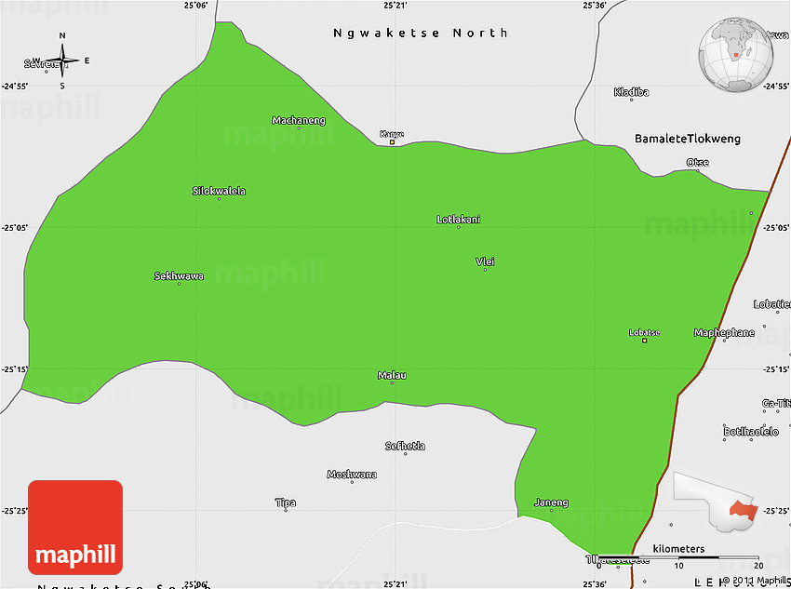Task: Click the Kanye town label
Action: tap(392, 134)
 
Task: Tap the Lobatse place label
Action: tap(644, 332)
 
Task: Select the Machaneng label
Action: tap(299, 120)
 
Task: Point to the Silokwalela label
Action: tap(219, 191)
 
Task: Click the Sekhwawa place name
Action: tap(179, 276)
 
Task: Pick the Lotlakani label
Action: tap(459, 220)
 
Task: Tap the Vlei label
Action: tap(485, 261)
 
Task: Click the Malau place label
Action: tap(392, 376)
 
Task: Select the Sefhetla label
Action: tap(405, 447)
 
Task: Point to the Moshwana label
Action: tap(352, 475)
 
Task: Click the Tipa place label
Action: tap(286, 503)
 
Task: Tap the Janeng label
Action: tap(551, 503)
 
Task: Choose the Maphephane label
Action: tap(724, 332)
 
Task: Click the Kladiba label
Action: tap(631, 92)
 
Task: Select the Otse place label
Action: tap(697, 163)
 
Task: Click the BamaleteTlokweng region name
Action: tap(688, 139)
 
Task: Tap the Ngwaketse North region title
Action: tap(421, 33)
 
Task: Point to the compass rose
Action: tap(62, 61)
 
